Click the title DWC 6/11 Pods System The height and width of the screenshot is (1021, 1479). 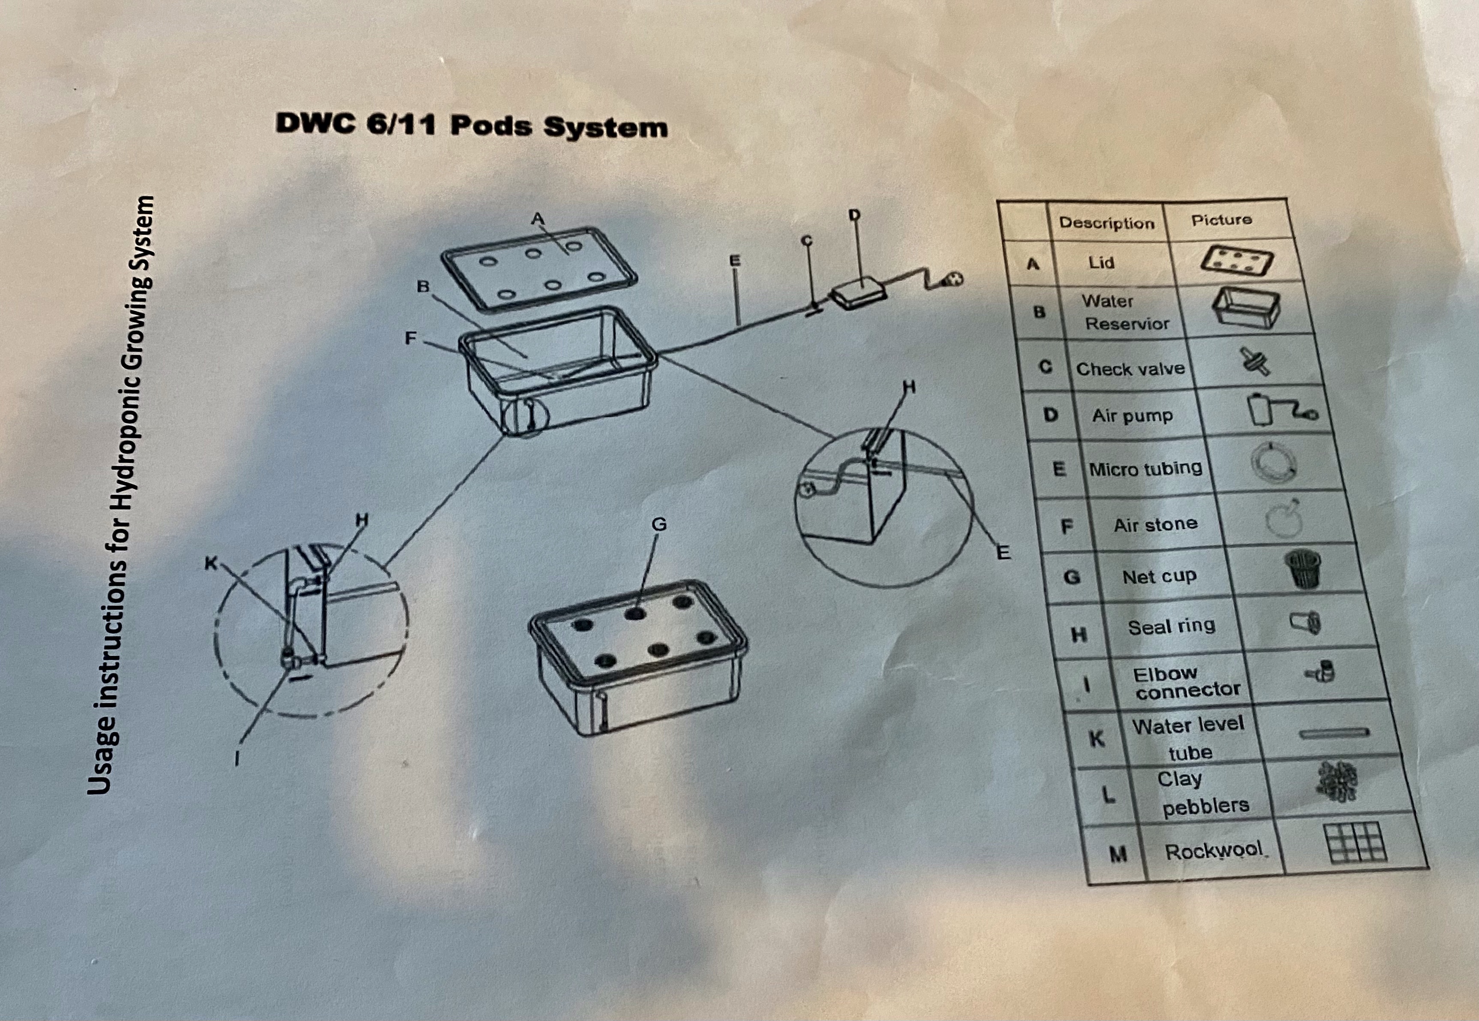click(471, 125)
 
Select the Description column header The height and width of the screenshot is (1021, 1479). click(1107, 223)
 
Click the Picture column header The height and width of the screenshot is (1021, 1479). click(1221, 220)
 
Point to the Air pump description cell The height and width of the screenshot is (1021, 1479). click(1133, 416)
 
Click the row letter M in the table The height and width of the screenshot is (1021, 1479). click(1118, 854)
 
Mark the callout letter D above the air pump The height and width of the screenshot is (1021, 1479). click(854, 216)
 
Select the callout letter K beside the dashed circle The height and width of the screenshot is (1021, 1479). click(210, 563)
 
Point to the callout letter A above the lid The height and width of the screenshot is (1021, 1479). click(538, 219)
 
